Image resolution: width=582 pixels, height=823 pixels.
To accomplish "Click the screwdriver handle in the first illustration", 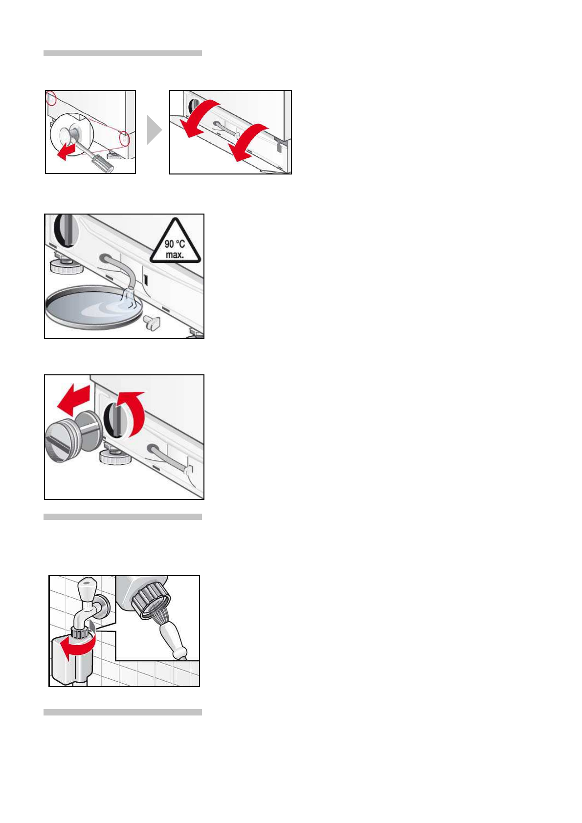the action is point(104,164).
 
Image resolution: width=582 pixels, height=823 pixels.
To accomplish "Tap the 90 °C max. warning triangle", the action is point(176,241).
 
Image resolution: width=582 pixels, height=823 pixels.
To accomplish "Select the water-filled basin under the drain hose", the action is point(94,307).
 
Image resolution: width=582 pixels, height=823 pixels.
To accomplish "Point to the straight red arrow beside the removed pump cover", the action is point(74,400).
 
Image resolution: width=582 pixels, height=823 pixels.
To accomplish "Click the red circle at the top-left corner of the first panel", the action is point(51,98).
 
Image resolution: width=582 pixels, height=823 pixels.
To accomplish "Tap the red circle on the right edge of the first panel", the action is point(125,138).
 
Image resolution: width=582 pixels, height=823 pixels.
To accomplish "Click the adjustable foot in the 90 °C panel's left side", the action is point(66,263).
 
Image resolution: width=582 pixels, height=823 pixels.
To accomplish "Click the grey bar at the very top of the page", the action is point(123,53).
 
